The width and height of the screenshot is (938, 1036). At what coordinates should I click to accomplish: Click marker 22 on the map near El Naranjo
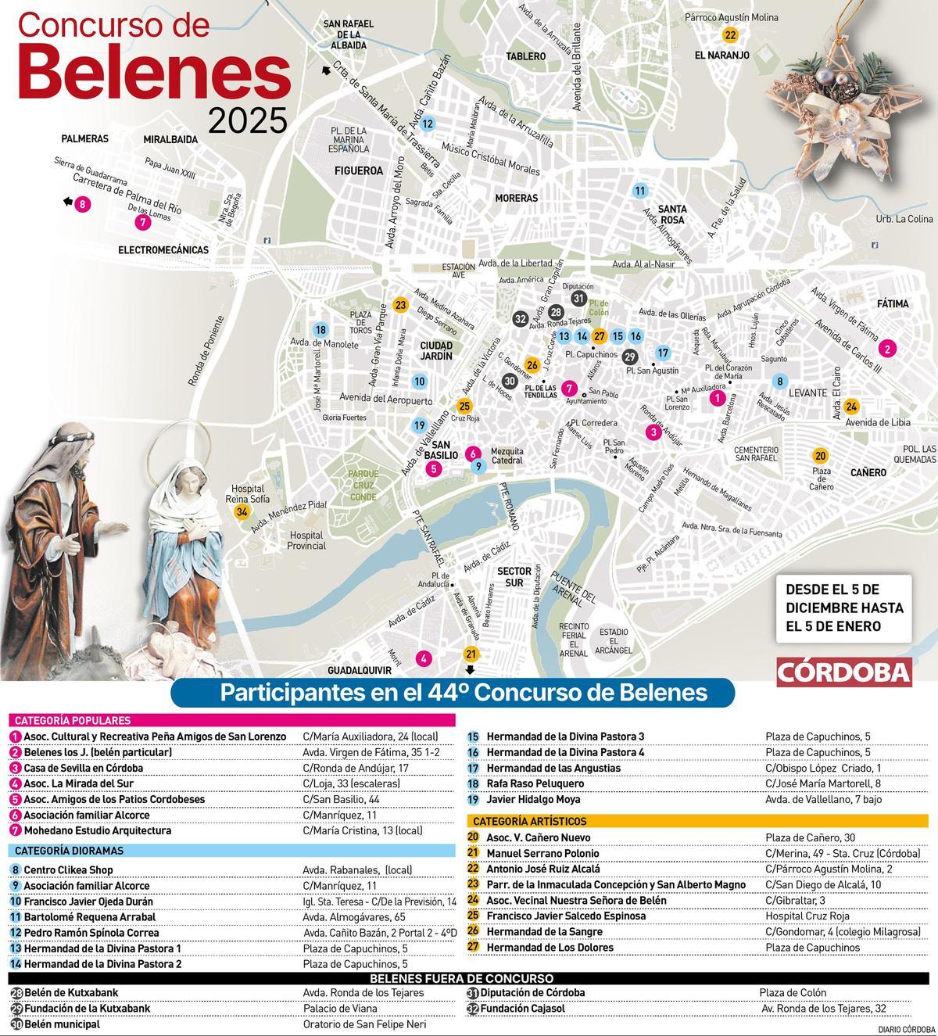730,34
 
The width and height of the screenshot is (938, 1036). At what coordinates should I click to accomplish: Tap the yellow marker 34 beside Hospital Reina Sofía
242,511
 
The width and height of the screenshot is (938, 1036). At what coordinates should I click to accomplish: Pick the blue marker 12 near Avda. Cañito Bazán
427,124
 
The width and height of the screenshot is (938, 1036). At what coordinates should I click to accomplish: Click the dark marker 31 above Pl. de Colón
578,298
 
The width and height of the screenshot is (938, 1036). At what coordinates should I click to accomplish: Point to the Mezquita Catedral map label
506,456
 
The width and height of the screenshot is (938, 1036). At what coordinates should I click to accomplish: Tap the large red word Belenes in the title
153,75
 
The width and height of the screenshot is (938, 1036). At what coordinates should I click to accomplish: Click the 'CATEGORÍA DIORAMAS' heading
69,851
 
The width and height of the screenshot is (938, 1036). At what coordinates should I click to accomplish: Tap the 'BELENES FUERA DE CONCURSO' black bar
461,978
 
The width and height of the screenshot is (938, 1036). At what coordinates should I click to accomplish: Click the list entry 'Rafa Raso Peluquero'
535,783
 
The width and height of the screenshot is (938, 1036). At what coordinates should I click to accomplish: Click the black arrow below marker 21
470,669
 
